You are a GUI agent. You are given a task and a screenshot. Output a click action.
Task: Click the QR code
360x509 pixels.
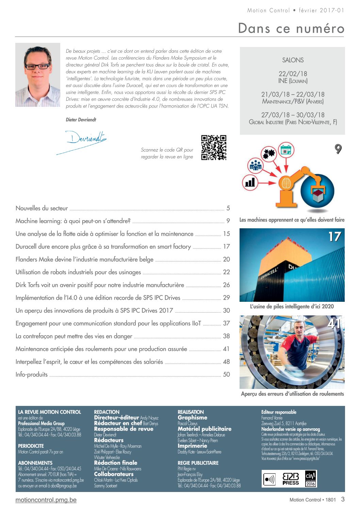(x=214, y=148)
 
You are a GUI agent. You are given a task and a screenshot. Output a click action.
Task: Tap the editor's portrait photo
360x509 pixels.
(x=37, y=75)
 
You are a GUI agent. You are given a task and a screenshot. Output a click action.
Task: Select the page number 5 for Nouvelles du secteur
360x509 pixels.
(x=228, y=208)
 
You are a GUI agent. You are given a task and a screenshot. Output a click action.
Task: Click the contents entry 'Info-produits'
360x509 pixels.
(x=32, y=374)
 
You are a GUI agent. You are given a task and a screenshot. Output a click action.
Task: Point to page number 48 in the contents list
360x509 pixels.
(x=226, y=362)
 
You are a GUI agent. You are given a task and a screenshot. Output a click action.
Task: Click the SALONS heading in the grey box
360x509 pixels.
(x=293, y=60)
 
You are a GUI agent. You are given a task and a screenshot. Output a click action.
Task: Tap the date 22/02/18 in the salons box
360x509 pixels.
(x=293, y=74)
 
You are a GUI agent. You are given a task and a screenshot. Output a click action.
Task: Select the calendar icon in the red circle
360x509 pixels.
(x=286, y=150)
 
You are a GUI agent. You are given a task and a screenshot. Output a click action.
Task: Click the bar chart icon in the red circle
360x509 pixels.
(x=250, y=183)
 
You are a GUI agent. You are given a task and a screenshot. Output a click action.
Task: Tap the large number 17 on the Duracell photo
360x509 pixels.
(x=334, y=237)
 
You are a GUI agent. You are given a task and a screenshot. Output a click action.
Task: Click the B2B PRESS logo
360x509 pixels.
(x=290, y=479)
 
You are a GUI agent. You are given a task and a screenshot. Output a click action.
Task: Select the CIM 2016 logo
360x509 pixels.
(x=310, y=479)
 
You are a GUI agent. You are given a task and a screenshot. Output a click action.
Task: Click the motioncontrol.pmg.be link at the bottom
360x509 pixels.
(x=46, y=500)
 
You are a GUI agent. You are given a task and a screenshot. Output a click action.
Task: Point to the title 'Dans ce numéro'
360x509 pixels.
(x=291, y=28)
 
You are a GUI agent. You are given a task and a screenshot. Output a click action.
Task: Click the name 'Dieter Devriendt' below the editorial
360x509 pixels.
(x=81, y=120)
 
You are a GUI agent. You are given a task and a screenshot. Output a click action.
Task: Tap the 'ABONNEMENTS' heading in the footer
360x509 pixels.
(x=35, y=463)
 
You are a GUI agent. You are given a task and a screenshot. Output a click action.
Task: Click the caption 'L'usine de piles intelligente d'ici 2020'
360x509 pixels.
(x=292, y=306)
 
